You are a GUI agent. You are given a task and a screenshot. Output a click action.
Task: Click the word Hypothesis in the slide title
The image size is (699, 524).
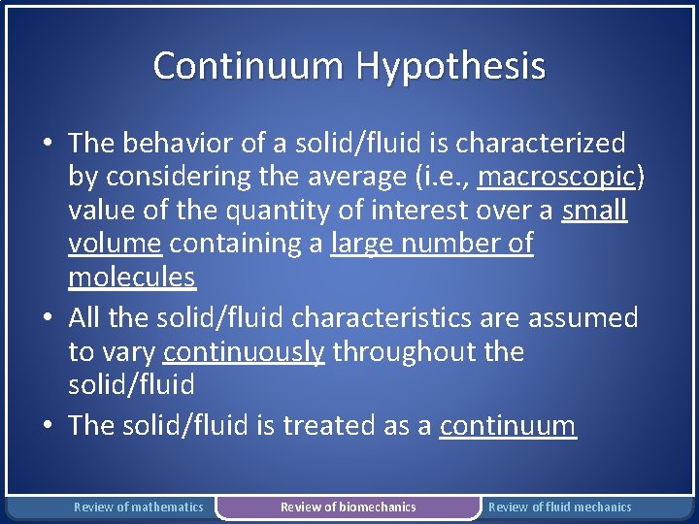point(450,67)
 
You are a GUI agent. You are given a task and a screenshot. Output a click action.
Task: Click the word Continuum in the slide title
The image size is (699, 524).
point(250,66)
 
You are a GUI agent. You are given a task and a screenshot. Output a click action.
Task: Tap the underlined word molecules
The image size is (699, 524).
point(132,278)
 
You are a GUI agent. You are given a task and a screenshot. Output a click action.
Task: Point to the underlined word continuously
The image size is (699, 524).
point(244,351)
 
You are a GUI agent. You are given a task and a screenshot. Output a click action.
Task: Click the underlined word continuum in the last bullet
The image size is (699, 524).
point(508,425)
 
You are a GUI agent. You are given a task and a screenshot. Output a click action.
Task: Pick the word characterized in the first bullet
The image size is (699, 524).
point(541,144)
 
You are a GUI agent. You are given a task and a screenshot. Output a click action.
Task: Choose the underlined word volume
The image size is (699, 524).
point(113,244)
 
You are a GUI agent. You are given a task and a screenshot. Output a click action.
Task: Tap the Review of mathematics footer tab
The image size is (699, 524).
point(139,507)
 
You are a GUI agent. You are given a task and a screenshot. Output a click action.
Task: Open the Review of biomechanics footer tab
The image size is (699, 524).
point(348,507)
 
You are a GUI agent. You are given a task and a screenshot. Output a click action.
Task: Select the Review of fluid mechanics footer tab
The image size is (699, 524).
point(559,507)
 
